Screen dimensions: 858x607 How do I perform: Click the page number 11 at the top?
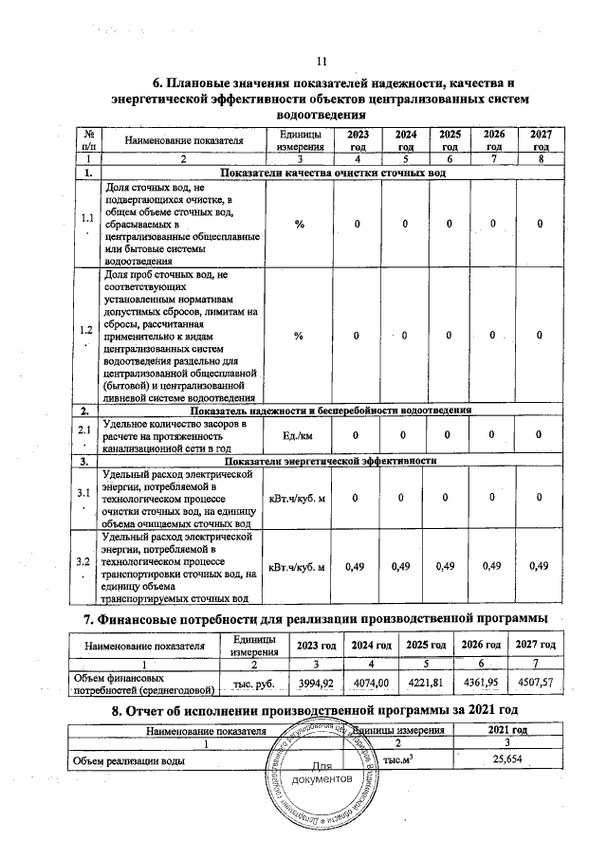(320, 63)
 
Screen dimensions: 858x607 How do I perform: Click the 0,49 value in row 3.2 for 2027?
(539, 567)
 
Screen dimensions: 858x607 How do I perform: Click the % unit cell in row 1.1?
(299, 224)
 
